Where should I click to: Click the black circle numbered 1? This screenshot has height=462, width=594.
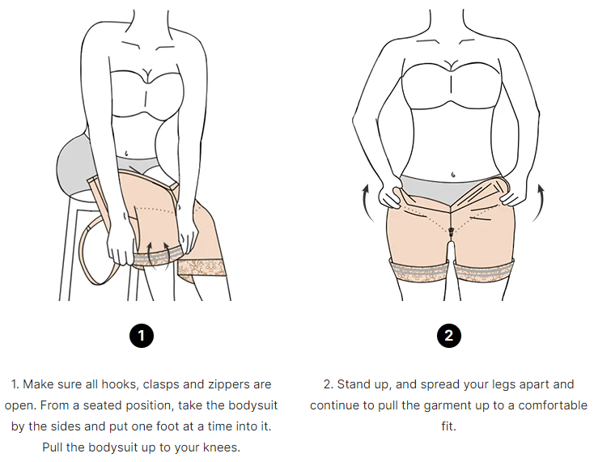[142, 336]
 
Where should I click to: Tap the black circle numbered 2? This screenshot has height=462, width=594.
[449, 336]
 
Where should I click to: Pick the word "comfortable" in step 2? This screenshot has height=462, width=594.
[553, 405]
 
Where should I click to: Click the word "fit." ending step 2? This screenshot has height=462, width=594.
[449, 426]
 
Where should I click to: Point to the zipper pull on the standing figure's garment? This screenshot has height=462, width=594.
[451, 230]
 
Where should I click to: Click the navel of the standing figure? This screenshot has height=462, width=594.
[453, 175]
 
